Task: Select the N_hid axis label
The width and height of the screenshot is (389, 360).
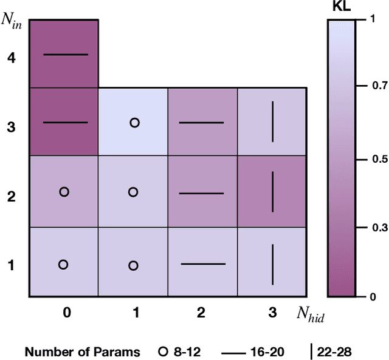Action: click(x=309, y=313)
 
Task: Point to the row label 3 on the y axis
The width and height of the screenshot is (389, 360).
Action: click(x=12, y=128)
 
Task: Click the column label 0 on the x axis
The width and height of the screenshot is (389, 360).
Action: click(x=66, y=313)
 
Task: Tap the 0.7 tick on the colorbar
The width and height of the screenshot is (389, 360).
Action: click(x=379, y=87)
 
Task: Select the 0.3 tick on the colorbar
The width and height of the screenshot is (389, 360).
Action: click(x=379, y=228)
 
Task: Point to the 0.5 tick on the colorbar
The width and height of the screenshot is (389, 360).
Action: click(x=379, y=159)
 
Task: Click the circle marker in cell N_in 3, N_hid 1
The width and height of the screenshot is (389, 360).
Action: click(x=135, y=123)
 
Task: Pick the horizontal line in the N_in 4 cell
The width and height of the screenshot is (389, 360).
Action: click(x=66, y=55)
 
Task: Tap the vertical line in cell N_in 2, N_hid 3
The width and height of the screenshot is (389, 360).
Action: click(x=272, y=191)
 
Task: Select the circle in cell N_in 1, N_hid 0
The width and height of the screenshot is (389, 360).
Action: click(x=63, y=264)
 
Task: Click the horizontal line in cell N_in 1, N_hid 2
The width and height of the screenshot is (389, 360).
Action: click(x=203, y=264)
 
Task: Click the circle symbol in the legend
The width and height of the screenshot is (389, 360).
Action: click(x=162, y=352)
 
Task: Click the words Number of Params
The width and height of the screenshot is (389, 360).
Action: click(x=82, y=352)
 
